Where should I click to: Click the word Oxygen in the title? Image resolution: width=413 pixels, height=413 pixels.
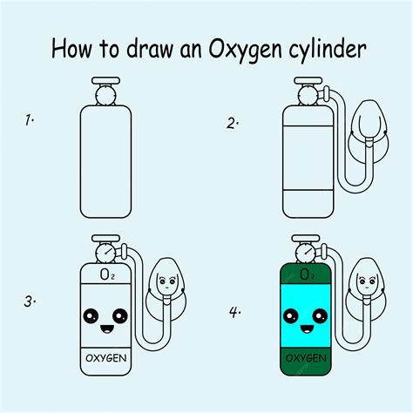(x=246, y=50)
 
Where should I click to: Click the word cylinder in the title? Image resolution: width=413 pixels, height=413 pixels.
(x=327, y=49)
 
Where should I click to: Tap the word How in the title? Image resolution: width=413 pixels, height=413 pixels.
(x=71, y=48)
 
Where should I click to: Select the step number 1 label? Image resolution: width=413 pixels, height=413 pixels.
(x=29, y=120)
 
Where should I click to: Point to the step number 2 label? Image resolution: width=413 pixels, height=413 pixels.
(x=233, y=124)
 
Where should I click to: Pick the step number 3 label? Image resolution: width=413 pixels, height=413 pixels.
(x=30, y=302)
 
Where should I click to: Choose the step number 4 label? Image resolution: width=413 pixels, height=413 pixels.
(x=235, y=312)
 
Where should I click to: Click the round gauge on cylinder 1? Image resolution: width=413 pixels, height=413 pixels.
(x=105, y=95)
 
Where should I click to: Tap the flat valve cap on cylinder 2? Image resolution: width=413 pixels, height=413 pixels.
(x=308, y=80)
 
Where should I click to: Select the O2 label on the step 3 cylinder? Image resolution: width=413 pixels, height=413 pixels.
(x=107, y=274)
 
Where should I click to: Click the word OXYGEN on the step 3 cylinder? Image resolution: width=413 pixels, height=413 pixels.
(x=106, y=358)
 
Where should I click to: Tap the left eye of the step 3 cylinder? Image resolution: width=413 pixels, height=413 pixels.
(x=91, y=316)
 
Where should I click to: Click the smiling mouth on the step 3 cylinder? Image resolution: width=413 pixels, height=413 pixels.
(x=106, y=329)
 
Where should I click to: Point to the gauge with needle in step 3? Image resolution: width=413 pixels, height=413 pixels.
(x=105, y=253)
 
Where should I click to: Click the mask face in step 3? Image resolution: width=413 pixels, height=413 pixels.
(x=166, y=281)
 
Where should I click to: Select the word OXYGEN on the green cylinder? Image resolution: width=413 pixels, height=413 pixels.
(x=306, y=358)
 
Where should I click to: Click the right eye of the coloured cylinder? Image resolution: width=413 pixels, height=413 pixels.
(x=320, y=316)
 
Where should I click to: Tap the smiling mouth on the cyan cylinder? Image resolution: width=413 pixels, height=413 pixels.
(x=307, y=329)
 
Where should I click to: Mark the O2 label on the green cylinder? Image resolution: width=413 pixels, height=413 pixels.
(x=308, y=274)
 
